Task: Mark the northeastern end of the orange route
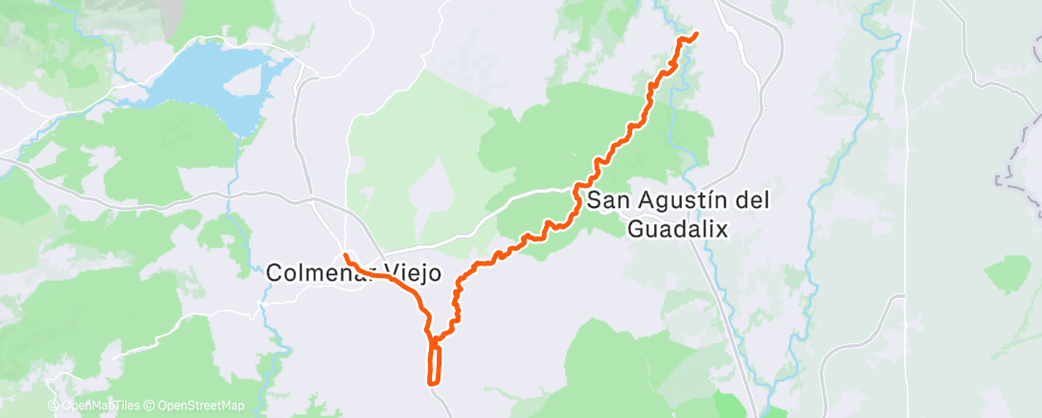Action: coord(694,35)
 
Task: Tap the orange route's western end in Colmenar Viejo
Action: coord(344,256)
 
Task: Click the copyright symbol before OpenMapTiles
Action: coord(54,406)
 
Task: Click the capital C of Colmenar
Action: coord(274,273)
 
